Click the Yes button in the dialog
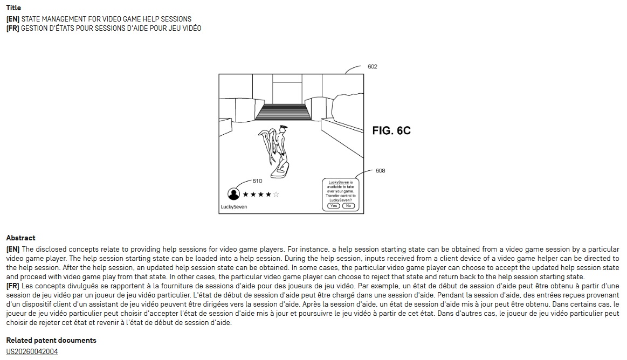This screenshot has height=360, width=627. click(x=334, y=206)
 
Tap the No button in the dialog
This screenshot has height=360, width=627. click(x=348, y=206)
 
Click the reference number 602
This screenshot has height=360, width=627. click(x=373, y=67)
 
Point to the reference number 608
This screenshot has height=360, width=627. click(x=381, y=171)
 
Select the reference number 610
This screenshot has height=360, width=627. click(x=257, y=181)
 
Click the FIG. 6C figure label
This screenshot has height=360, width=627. click(x=391, y=130)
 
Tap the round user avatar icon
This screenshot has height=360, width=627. click(x=234, y=194)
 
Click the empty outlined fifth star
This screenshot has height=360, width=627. click(x=277, y=194)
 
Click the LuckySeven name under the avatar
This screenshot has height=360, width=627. click(x=234, y=207)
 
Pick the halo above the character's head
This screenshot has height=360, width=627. click(x=284, y=127)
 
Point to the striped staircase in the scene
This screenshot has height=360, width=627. click(x=283, y=112)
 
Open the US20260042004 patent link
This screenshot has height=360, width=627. click(x=32, y=351)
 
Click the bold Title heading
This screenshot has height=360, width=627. click(x=13, y=8)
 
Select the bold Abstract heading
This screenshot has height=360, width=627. click(x=20, y=238)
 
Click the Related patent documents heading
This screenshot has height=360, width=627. click(x=51, y=340)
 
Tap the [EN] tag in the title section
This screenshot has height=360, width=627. click(x=12, y=19)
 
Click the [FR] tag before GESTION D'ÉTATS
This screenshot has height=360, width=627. click(x=12, y=28)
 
